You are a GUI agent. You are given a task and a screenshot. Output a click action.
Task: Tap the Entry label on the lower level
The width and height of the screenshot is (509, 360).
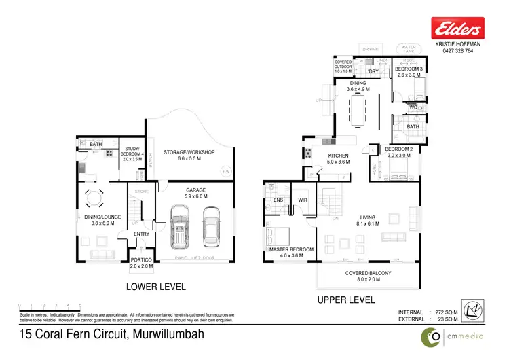coord(141,234)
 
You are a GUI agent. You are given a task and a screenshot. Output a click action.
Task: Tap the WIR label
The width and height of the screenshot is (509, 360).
coord(303,200)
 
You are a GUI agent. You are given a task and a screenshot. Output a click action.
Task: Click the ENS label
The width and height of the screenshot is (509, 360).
coord(278,200)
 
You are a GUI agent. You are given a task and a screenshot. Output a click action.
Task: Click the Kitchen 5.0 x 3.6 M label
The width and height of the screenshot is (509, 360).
coord(328,159)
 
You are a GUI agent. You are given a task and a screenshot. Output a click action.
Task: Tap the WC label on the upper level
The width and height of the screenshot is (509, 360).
coord(413,107)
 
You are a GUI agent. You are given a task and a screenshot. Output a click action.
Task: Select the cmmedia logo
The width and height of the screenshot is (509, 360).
coord(458,335)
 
